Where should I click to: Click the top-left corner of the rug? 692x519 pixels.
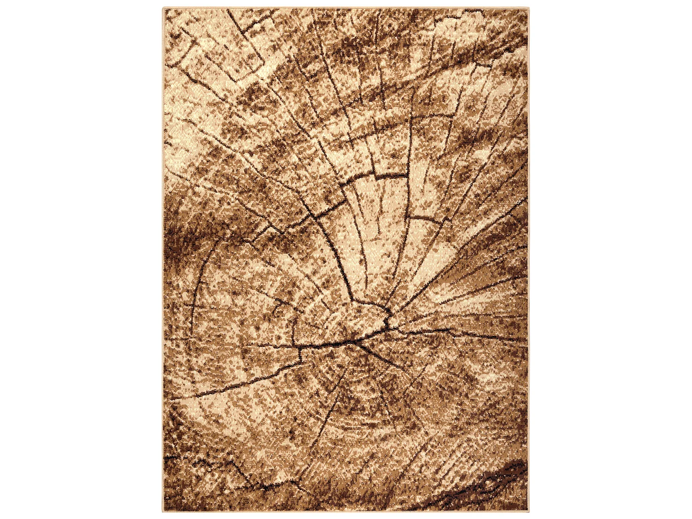[163, 8]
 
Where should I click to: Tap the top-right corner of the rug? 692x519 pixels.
[529, 8]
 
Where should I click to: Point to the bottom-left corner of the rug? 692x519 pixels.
[163, 511]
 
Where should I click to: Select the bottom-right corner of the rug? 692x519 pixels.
[529, 511]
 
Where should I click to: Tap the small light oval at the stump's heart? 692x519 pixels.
[364, 318]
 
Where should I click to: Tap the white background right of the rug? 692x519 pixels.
[609, 258]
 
